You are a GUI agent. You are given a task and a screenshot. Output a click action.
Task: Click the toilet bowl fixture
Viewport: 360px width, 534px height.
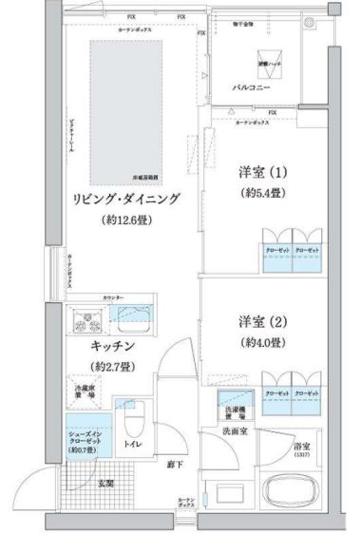click(x=133, y=420)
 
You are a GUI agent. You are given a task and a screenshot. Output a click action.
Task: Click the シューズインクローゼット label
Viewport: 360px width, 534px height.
click(x=83, y=441)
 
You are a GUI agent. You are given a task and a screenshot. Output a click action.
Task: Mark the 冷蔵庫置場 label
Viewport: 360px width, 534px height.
click(x=83, y=392)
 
